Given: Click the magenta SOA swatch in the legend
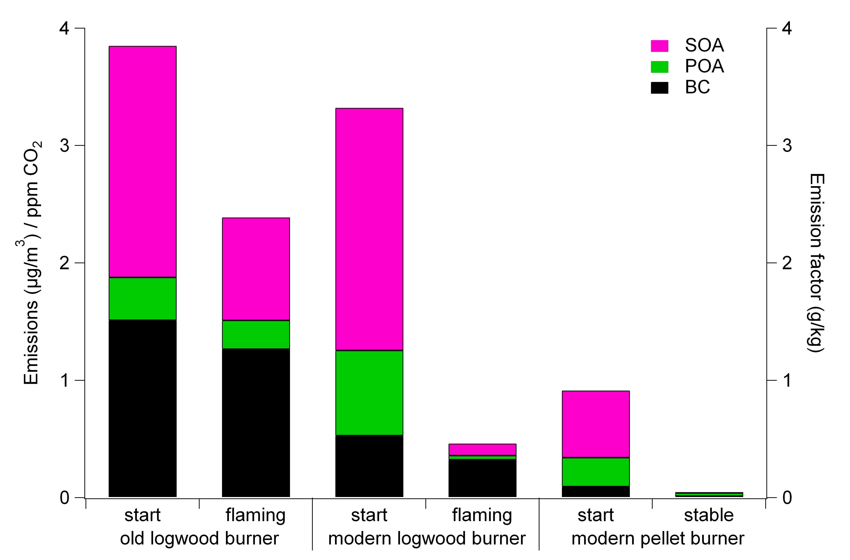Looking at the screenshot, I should point(659,46).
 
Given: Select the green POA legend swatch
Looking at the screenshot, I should point(659,67).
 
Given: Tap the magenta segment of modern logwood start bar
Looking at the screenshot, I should point(369,229).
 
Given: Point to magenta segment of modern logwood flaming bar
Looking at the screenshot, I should point(482,449).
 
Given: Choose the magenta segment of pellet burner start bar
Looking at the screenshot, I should point(596,424).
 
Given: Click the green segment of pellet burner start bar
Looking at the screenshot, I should point(596,471).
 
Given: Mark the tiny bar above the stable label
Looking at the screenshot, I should point(709,494).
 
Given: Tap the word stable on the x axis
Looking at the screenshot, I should point(709,515).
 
